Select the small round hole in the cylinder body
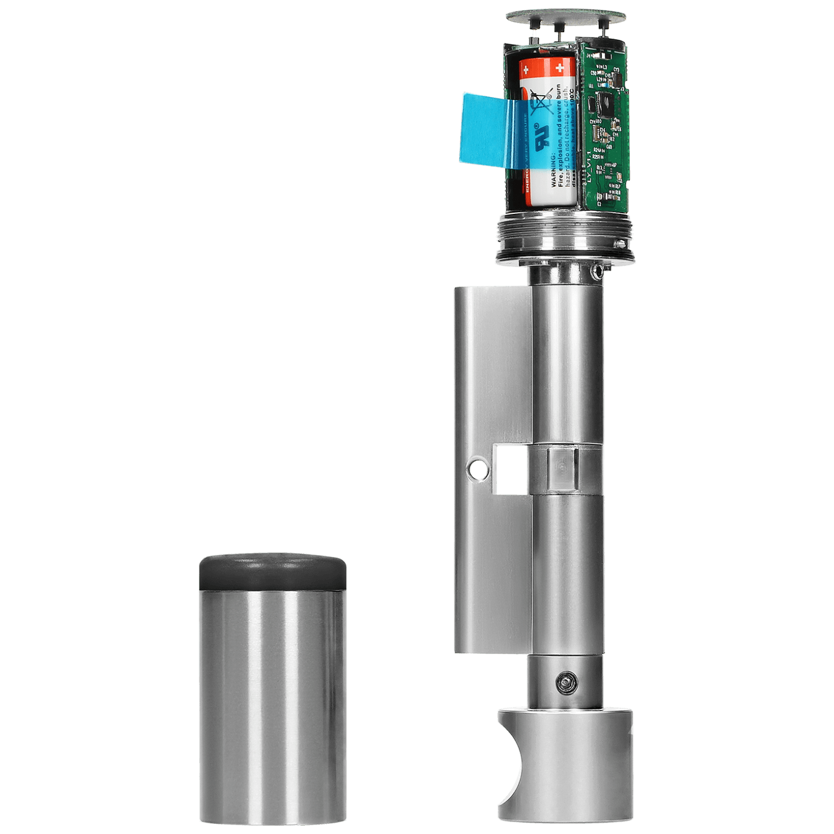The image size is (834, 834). tap(477, 470)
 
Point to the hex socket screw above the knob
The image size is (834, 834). tap(565, 682)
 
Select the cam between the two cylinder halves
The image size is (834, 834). tap(562, 470)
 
